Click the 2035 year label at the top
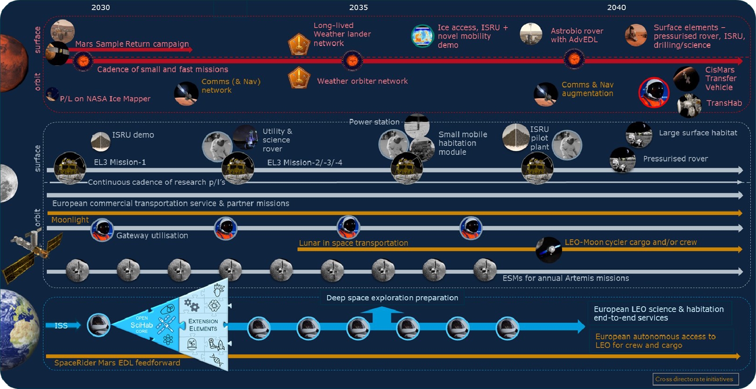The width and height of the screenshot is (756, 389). pyautogui.click(x=358, y=7)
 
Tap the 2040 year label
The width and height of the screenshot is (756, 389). pyautogui.click(x=616, y=7)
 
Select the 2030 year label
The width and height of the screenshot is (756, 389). pyautogui.click(x=101, y=7)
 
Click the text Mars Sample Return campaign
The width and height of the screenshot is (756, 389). pyautogui.click(x=132, y=44)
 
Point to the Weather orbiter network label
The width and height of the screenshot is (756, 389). pyautogui.click(x=362, y=81)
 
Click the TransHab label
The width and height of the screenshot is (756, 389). pyautogui.click(x=724, y=103)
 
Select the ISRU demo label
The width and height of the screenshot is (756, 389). pyautogui.click(x=133, y=135)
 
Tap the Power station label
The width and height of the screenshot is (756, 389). pyautogui.click(x=374, y=122)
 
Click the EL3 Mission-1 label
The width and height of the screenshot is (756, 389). pyautogui.click(x=120, y=162)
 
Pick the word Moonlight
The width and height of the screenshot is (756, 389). pyautogui.click(x=70, y=220)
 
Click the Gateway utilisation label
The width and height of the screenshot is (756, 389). pyautogui.click(x=152, y=236)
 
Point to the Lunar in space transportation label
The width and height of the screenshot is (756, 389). pyautogui.click(x=354, y=243)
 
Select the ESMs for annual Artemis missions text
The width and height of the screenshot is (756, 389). pyautogui.click(x=566, y=278)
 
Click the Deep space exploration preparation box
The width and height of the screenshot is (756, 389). pyautogui.click(x=392, y=298)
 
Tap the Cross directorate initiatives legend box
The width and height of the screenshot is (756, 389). pyautogui.click(x=695, y=379)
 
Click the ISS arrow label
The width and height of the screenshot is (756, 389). pyautogui.click(x=61, y=326)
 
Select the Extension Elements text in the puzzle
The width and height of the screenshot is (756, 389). pyautogui.click(x=203, y=325)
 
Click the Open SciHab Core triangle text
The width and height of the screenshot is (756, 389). pyautogui.click(x=142, y=325)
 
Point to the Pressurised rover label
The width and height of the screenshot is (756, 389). pyautogui.click(x=676, y=159)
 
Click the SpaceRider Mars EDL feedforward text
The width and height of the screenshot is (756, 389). pyautogui.click(x=117, y=363)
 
